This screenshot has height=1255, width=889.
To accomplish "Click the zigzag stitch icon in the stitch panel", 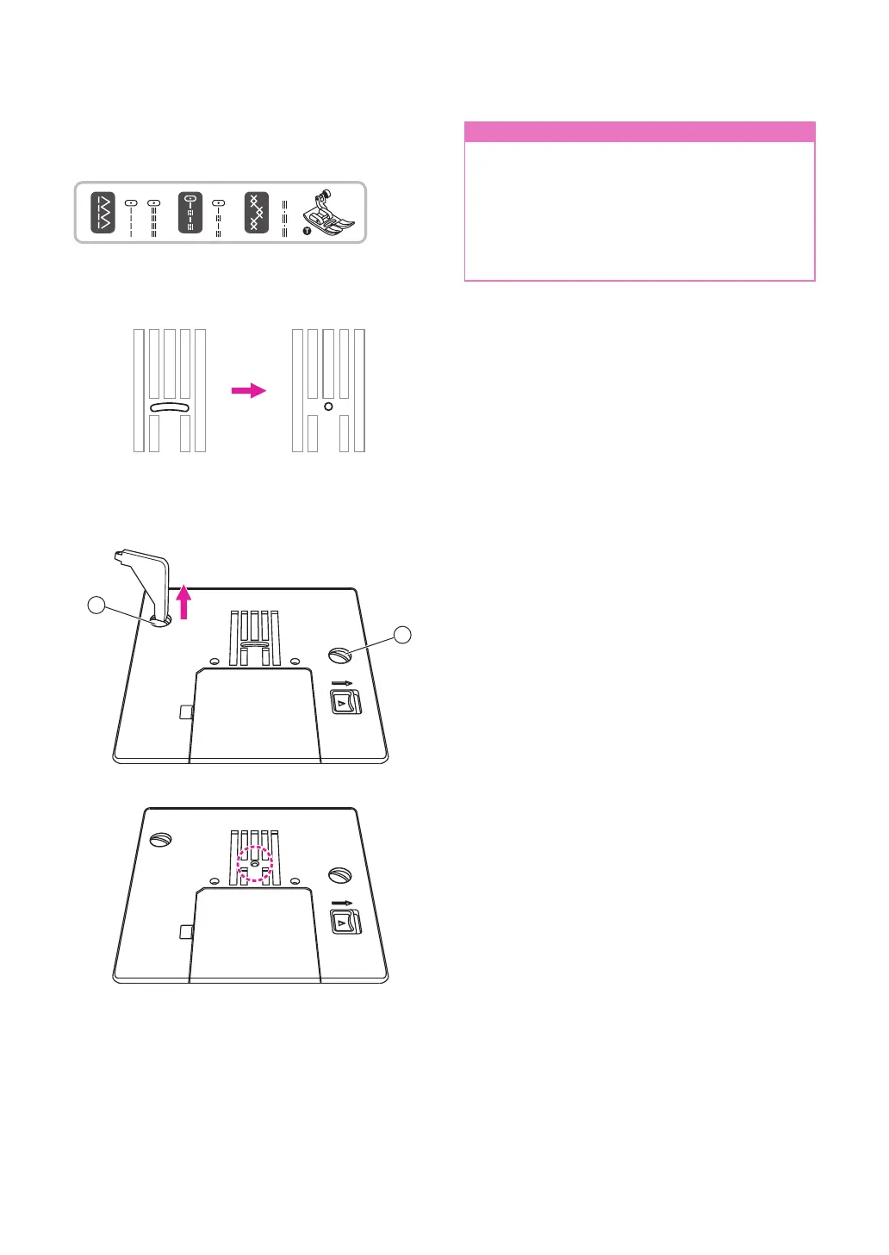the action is tap(103, 213).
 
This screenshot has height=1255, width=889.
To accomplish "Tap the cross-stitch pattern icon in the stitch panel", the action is tap(256, 213).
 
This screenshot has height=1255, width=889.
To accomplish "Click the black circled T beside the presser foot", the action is tap(307, 231).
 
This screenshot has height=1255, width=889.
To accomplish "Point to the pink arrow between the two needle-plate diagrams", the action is tap(249, 390).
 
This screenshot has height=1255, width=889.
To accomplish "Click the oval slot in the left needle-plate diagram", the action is tap(170, 407).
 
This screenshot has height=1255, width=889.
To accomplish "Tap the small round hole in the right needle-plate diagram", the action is tap(328, 407).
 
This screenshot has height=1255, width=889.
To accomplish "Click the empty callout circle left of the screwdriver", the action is tap(97, 606).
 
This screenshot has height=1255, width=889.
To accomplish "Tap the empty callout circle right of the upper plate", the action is tap(402, 636).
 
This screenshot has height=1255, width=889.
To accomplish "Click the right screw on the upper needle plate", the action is tap(339, 655).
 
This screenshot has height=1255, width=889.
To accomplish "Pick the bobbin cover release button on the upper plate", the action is tap(345, 701).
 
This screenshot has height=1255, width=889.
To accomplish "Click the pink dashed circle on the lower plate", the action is tap(255, 862).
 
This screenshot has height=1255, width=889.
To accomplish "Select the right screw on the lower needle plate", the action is tap(339, 876).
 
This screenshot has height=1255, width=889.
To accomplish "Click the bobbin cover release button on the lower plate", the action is tap(345, 922).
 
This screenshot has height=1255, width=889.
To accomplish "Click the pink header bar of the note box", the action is tap(639, 132).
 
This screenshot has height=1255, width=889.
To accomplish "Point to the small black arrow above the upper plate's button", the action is tap(342, 683).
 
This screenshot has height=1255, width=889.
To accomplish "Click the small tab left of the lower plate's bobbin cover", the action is tap(183, 932).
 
